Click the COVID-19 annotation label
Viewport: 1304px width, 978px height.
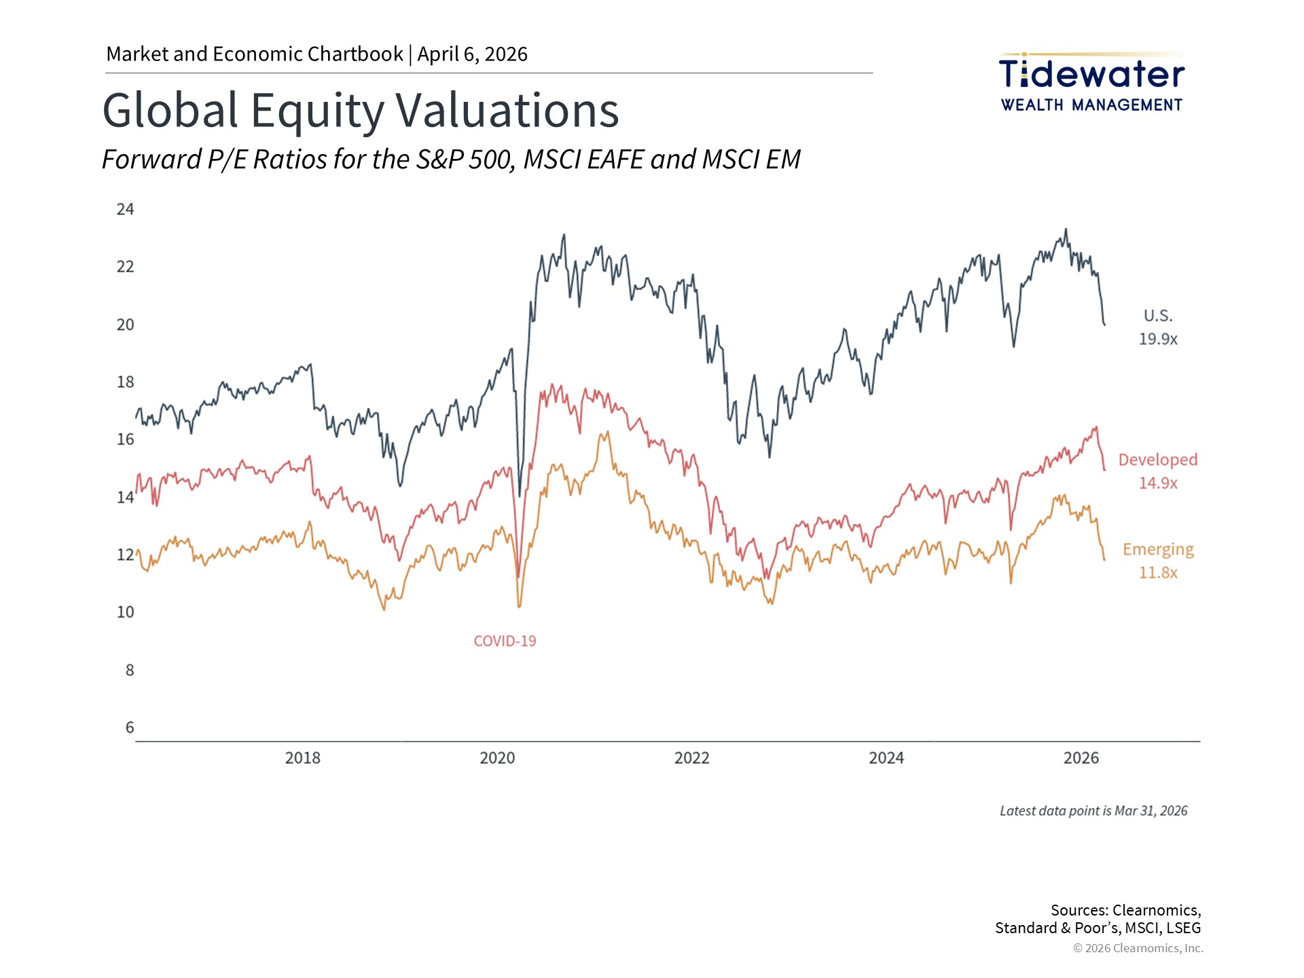[505, 641]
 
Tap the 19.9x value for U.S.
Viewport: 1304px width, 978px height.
[1158, 339]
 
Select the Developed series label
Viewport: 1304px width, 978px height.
[1157, 460]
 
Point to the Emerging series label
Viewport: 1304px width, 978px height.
[1157, 549]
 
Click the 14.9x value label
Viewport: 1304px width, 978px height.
[1158, 483]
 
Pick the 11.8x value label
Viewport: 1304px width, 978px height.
[1158, 573]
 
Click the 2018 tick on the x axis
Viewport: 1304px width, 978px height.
[302, 758]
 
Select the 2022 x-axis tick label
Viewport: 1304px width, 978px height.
[691, 758]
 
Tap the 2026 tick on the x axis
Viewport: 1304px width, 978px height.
[1081, 758]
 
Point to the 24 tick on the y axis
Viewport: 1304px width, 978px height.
[125, 209]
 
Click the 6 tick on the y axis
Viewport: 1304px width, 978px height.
[130, 728]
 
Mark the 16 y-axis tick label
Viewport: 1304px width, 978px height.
[125, 439]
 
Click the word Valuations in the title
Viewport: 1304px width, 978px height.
[507, 110]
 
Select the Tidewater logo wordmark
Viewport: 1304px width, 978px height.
[1091, 74]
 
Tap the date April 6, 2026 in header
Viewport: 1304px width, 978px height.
[472, 54]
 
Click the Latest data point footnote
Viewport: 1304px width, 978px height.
[1093, 811]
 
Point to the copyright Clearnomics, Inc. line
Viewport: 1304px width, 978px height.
[1138, 948]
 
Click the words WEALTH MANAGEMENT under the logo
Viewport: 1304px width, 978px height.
[1091, 105]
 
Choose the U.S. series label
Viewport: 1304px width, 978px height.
[1157, 316]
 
